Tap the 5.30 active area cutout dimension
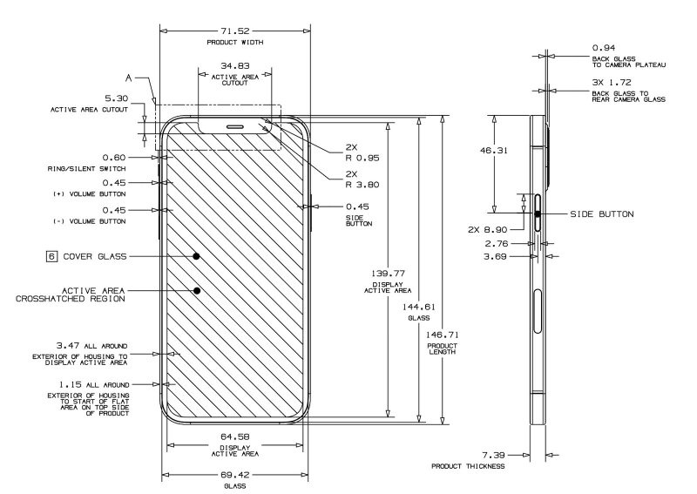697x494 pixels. coord(116,99)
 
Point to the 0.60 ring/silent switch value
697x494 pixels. coord(116,158)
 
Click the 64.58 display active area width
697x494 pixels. coord(235,436)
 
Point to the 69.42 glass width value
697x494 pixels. coord(235,476)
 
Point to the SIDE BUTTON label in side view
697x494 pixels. coord(601,213)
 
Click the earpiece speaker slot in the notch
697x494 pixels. coord(235,125)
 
